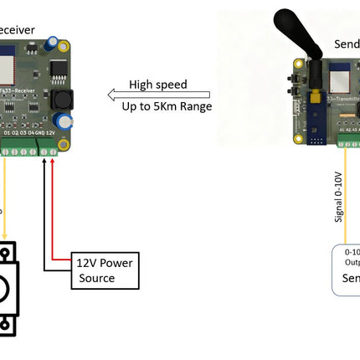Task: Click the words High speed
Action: click(x=157, y=85)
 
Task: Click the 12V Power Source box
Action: click(x=102, y=269)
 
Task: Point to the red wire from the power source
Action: click(x=54, y=209)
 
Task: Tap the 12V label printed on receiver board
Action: click(x=50, y=132)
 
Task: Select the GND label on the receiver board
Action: click(x=39, y=132)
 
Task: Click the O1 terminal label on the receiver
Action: click(x=7, y=132)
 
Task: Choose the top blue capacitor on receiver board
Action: click(x=53, y=40)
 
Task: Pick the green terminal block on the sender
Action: click(x=349, y=141)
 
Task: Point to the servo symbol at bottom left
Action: click(x=8, y=289)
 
